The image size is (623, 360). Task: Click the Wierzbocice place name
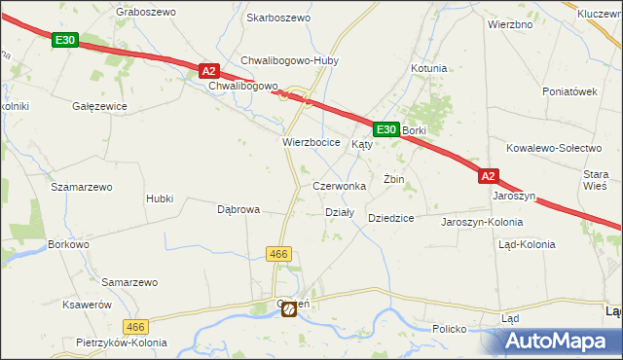tap(311, 142)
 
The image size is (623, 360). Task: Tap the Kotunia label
tap(428, 68)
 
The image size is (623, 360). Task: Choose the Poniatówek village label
tap(569, 91)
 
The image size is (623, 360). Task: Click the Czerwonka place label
tap(339, 185)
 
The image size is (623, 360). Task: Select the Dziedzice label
tap(391, 218)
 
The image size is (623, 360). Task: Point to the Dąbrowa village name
tap(238, 209)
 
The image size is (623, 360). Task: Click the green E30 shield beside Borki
tap(385, 128)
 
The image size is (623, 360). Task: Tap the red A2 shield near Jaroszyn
tap(489, 176)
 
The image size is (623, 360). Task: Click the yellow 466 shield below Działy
tap(278, 253)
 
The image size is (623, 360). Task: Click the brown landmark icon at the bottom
tap(289, 309)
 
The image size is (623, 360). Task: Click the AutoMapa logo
tap(554, 341)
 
